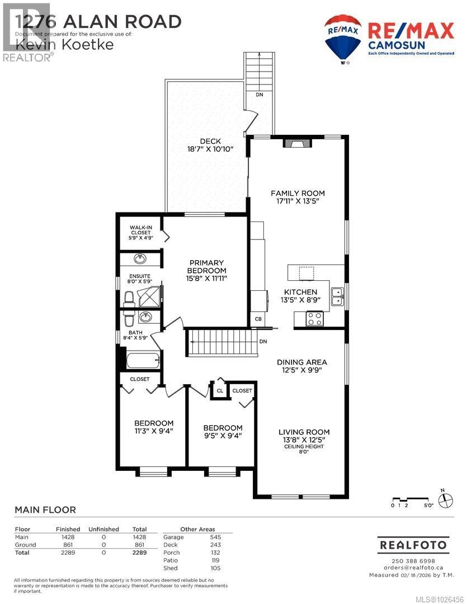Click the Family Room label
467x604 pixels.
click(x=297, y=194)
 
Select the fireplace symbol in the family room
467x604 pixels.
click(x=296, y=143)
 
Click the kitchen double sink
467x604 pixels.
click(x=337, y=296)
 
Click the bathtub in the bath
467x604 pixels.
click(x=143, y=360)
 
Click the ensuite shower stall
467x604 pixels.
click(x=149, y=297)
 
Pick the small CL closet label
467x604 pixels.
click(x=220, y=390)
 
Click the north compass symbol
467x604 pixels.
click(x=445, y=499)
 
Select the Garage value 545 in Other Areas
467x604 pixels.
click(x=215, y=537)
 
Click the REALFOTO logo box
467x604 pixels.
click(x=413, y=544)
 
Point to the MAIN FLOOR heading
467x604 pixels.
click(x=45, y=509)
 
